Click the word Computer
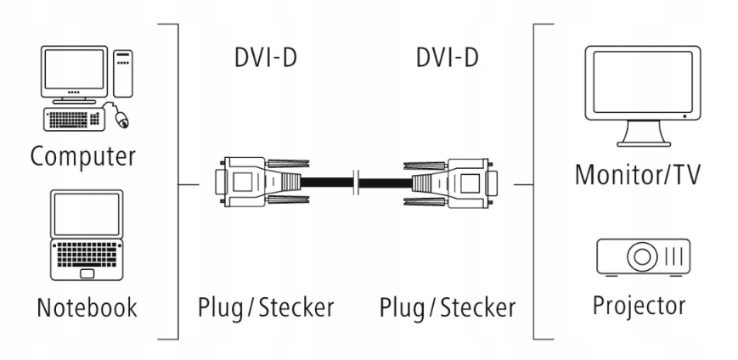click(x=82, y=156)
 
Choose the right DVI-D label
click(x=448, y=59)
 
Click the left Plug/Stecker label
click(x=264, y=307)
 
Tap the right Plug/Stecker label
click(x=448, y=307)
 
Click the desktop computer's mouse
click(x=121, y=121)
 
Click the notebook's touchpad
click(x=87, y=273)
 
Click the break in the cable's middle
click(x=358, y=182)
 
